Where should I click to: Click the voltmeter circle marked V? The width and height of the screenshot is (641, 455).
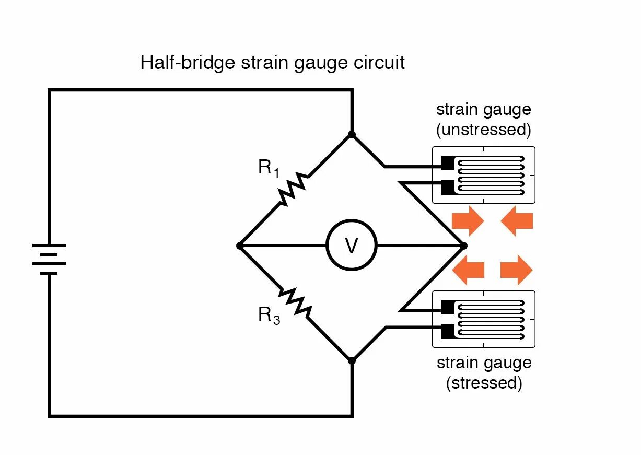pyautogui.click(x=352, y=245)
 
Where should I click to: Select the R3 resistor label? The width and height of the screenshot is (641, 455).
pyautogui.click(x=269, y=316)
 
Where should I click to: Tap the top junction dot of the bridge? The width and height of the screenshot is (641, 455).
pyautogui.click(x=352, y=134)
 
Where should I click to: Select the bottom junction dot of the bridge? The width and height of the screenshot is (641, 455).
pyautogui.click(x=352, y=360)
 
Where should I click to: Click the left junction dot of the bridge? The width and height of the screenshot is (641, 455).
pyautogui.click(x=239, y=245)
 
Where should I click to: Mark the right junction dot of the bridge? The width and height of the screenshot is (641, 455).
pyautogui.click(x=463, y=245)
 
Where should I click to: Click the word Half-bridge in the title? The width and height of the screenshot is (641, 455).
pyautogui.click(x=188, y=63)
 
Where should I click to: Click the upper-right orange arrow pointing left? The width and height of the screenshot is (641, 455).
pyautogui.click(x=517, y=220)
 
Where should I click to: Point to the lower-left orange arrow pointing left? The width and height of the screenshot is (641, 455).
pyautogui.click(x=468, y=270)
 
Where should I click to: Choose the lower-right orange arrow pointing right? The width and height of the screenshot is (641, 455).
pyautogui.click(x=517, y=270)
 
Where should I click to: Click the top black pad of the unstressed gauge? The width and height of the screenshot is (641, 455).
pyautogui.click(x=448, y=163)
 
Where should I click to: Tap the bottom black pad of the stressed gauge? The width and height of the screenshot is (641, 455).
pyautogui.click(x=448, y=331)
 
